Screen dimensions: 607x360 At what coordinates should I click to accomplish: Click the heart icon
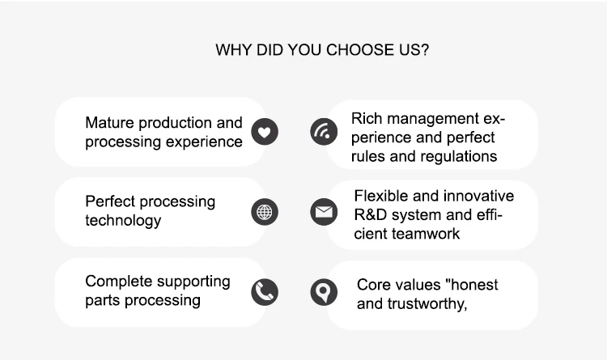[x=265, y=132]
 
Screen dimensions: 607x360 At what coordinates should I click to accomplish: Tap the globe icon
[x=265, y=212]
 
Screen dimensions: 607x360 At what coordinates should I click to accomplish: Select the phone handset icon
[x=265, y=292]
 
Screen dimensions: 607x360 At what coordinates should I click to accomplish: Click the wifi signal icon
[x=324, y=132]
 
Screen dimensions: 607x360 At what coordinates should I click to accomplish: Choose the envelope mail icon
[x=324, y=212]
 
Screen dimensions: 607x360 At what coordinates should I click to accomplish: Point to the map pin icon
[x=324, y=292]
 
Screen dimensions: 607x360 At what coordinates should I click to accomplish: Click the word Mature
[x=109, y=123]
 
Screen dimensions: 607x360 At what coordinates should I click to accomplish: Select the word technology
[x=123, y=221]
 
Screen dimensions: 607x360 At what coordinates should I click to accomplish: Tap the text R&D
[x=371, y=215]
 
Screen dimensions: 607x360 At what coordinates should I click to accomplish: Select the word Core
[x=373, y=285]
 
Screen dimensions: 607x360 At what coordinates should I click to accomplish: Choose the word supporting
[x=193, y=282]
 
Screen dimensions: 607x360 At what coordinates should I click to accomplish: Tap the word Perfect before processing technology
[x=110, y=201]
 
